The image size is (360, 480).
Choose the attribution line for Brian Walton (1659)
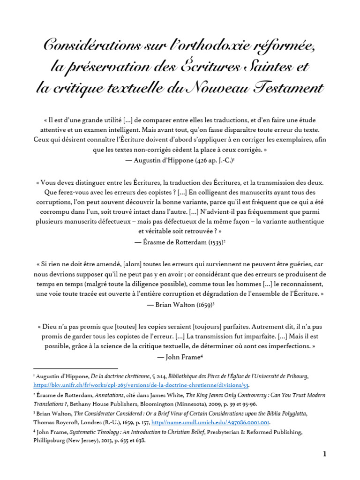point(180,304)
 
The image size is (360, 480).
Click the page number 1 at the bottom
point(323,454)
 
